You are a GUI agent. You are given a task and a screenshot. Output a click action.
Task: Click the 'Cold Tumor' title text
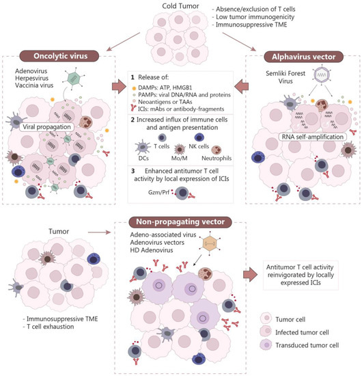(181, 5)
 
